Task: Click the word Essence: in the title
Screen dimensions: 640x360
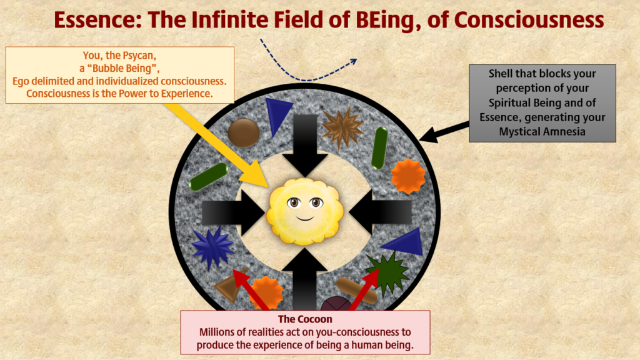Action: [98, 20]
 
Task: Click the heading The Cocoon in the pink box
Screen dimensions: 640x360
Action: [305, 319]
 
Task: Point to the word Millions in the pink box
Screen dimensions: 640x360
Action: [216, 332]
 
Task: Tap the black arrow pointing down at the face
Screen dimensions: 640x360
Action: [305, 146]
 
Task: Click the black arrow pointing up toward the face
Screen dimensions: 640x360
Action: [304, 279]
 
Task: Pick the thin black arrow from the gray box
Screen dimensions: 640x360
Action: [444, 131]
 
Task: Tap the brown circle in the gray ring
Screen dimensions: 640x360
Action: [244, 132]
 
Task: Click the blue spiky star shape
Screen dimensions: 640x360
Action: [212, 247]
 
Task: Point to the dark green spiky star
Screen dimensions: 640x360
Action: [387, 272]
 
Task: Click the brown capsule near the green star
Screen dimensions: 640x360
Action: [356, 291]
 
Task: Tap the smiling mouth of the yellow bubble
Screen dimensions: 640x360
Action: [305, 218]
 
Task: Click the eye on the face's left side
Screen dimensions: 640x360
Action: [294, 202]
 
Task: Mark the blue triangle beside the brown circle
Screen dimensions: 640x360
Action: [277, 114]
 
